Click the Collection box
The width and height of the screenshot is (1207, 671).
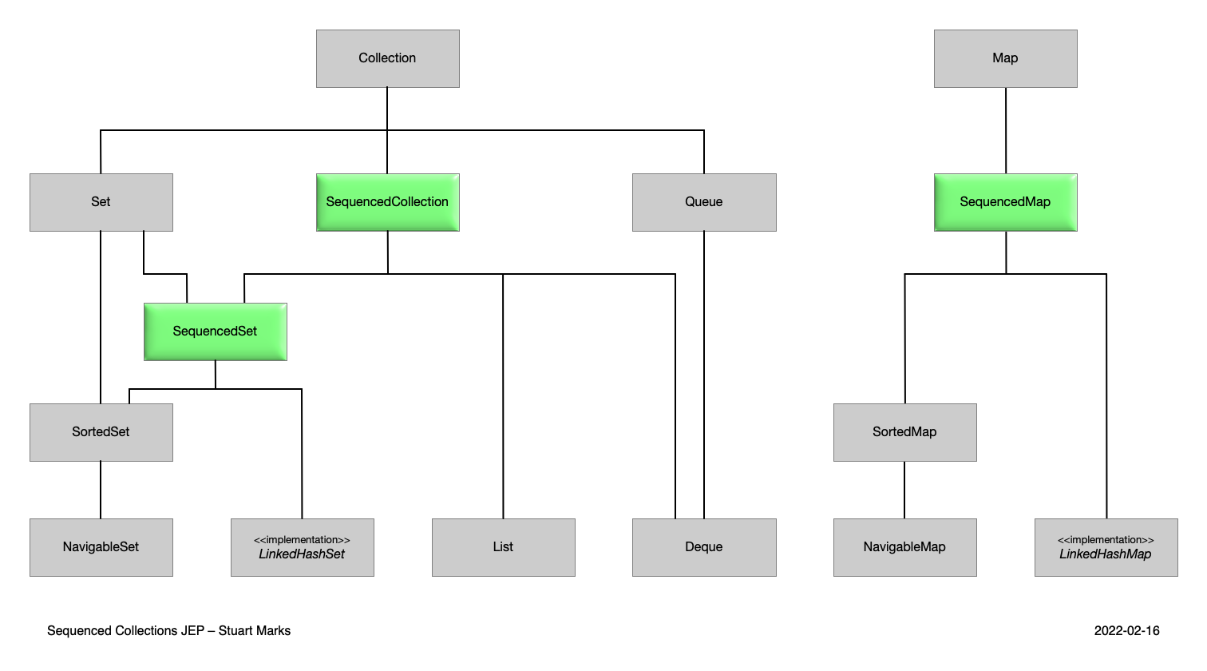[x=387, y=58]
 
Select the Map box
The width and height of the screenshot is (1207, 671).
[x=1005, y=58]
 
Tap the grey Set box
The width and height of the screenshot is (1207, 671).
[x=101, y=202]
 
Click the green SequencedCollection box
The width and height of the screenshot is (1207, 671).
[x=387, y=202]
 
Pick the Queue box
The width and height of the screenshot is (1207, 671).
[x=703, y=202]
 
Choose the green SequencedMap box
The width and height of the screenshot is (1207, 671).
[x=1005, y=202]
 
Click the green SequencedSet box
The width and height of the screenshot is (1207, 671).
[x=215, y=332]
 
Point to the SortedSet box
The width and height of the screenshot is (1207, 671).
[x=101, y=432]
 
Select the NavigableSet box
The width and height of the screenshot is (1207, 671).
[x=101, y=547]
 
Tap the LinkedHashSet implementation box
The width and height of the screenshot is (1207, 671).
[x=302, y=547]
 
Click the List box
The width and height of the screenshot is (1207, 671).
[x=503, y=547]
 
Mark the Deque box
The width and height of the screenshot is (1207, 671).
[x=703, y=547]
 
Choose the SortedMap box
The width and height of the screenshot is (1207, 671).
[x=904, y=432]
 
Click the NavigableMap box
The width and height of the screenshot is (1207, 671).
[x=904, y=547]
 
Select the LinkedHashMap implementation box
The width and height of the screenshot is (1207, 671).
[x=1106, y=547]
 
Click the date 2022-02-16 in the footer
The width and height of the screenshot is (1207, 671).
[x=1126, y=631]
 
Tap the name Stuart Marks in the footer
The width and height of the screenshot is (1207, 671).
[x=255, y=631]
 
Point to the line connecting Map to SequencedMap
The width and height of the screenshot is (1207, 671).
[x=1006, y=130]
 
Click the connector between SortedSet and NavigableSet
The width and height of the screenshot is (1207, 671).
[x=101, y=490]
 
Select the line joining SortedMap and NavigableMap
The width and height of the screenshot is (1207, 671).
[x=904, y=490]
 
